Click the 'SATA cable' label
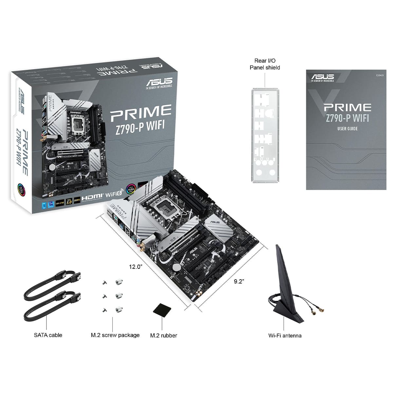(48, 335)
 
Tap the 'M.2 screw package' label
(115, 335)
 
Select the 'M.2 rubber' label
(163, 335)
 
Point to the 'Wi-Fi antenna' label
(285, 335)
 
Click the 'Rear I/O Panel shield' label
(265, 64)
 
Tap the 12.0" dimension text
(135, 267)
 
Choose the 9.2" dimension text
(239, 281)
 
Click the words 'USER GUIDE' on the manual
(347, 129)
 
